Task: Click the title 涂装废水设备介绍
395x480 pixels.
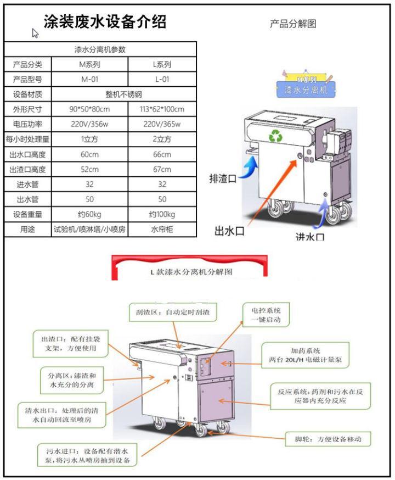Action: pos(105,22)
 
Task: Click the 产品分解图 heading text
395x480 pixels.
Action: pos(293,24)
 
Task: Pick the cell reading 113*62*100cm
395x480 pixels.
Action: pos(162,109)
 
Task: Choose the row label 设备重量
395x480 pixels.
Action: pos(27,214)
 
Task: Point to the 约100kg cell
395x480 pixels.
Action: pos(162,214)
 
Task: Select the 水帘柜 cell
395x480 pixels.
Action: pos(162,230)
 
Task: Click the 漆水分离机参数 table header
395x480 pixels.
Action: pos(100,49)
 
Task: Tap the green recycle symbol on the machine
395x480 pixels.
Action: pos(275,137)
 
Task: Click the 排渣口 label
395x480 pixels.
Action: pos(223,178)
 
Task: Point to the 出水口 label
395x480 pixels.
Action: pos(229,231)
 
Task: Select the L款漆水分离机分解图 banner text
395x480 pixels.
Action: pos(192,272)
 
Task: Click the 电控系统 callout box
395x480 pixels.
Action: pos(266,314)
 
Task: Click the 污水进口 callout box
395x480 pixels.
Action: pos(88,455)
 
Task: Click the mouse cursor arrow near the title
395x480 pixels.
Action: pos(35,34)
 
